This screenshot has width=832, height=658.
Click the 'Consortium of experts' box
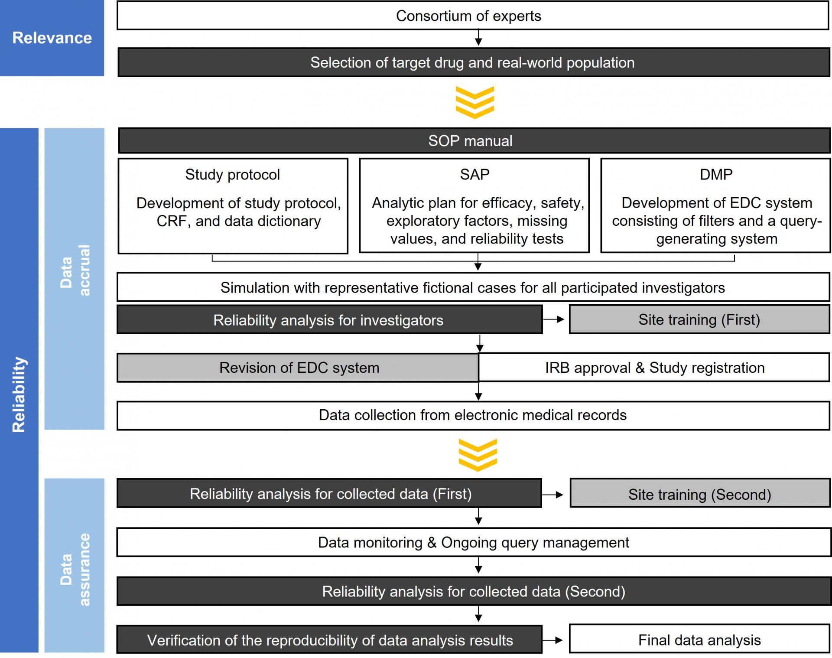(473, 16)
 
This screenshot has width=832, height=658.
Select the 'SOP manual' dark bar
(474, 140)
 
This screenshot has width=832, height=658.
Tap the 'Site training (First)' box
(699, 319)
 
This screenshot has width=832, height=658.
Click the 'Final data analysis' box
(699, 639)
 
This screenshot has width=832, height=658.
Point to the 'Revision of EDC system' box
(298, 368)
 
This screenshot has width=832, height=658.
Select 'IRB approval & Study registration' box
(654, 368)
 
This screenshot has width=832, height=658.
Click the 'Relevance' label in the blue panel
(52, 38)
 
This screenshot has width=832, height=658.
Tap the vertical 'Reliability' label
(19, 394)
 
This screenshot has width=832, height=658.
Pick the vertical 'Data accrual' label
(75, 270)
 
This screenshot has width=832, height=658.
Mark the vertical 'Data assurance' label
(75, 570)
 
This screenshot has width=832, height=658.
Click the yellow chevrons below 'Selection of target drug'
(475, 102)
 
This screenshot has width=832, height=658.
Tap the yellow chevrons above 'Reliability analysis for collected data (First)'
(478, 455)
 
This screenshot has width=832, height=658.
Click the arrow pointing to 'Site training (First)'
(554, 319)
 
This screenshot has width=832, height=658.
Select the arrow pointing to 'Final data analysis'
(552, 640)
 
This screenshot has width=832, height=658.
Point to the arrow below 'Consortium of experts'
(478, 37)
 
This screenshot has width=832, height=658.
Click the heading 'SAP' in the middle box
(474, 174)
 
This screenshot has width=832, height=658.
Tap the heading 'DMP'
(716, 174)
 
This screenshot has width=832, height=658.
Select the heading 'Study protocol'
(233, 175)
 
